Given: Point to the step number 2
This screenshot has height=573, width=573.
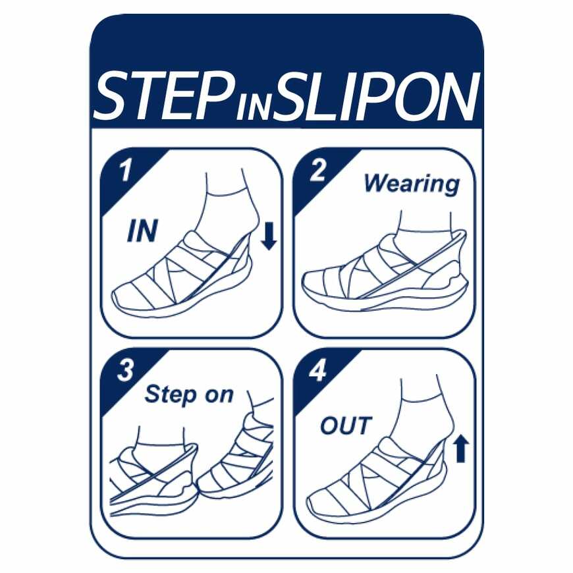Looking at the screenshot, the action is click(x=317, y=171).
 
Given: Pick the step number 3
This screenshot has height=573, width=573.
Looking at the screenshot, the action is click(x=125, y=371).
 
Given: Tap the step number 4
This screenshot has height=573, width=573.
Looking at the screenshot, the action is click(x=317, y=371).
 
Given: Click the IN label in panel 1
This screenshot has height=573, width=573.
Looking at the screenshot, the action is click(x=142, y=231).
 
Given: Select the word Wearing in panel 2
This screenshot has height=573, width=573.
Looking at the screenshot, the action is click(x=412, y=184).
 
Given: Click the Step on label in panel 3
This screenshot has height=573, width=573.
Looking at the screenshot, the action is click(x=189, y=395).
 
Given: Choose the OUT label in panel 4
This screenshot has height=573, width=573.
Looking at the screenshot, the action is click(x=346, y=425).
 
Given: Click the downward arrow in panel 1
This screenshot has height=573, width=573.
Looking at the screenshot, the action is click(x=269, y=237).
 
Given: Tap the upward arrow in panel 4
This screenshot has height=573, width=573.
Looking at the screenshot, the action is click(x=461, y=449).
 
